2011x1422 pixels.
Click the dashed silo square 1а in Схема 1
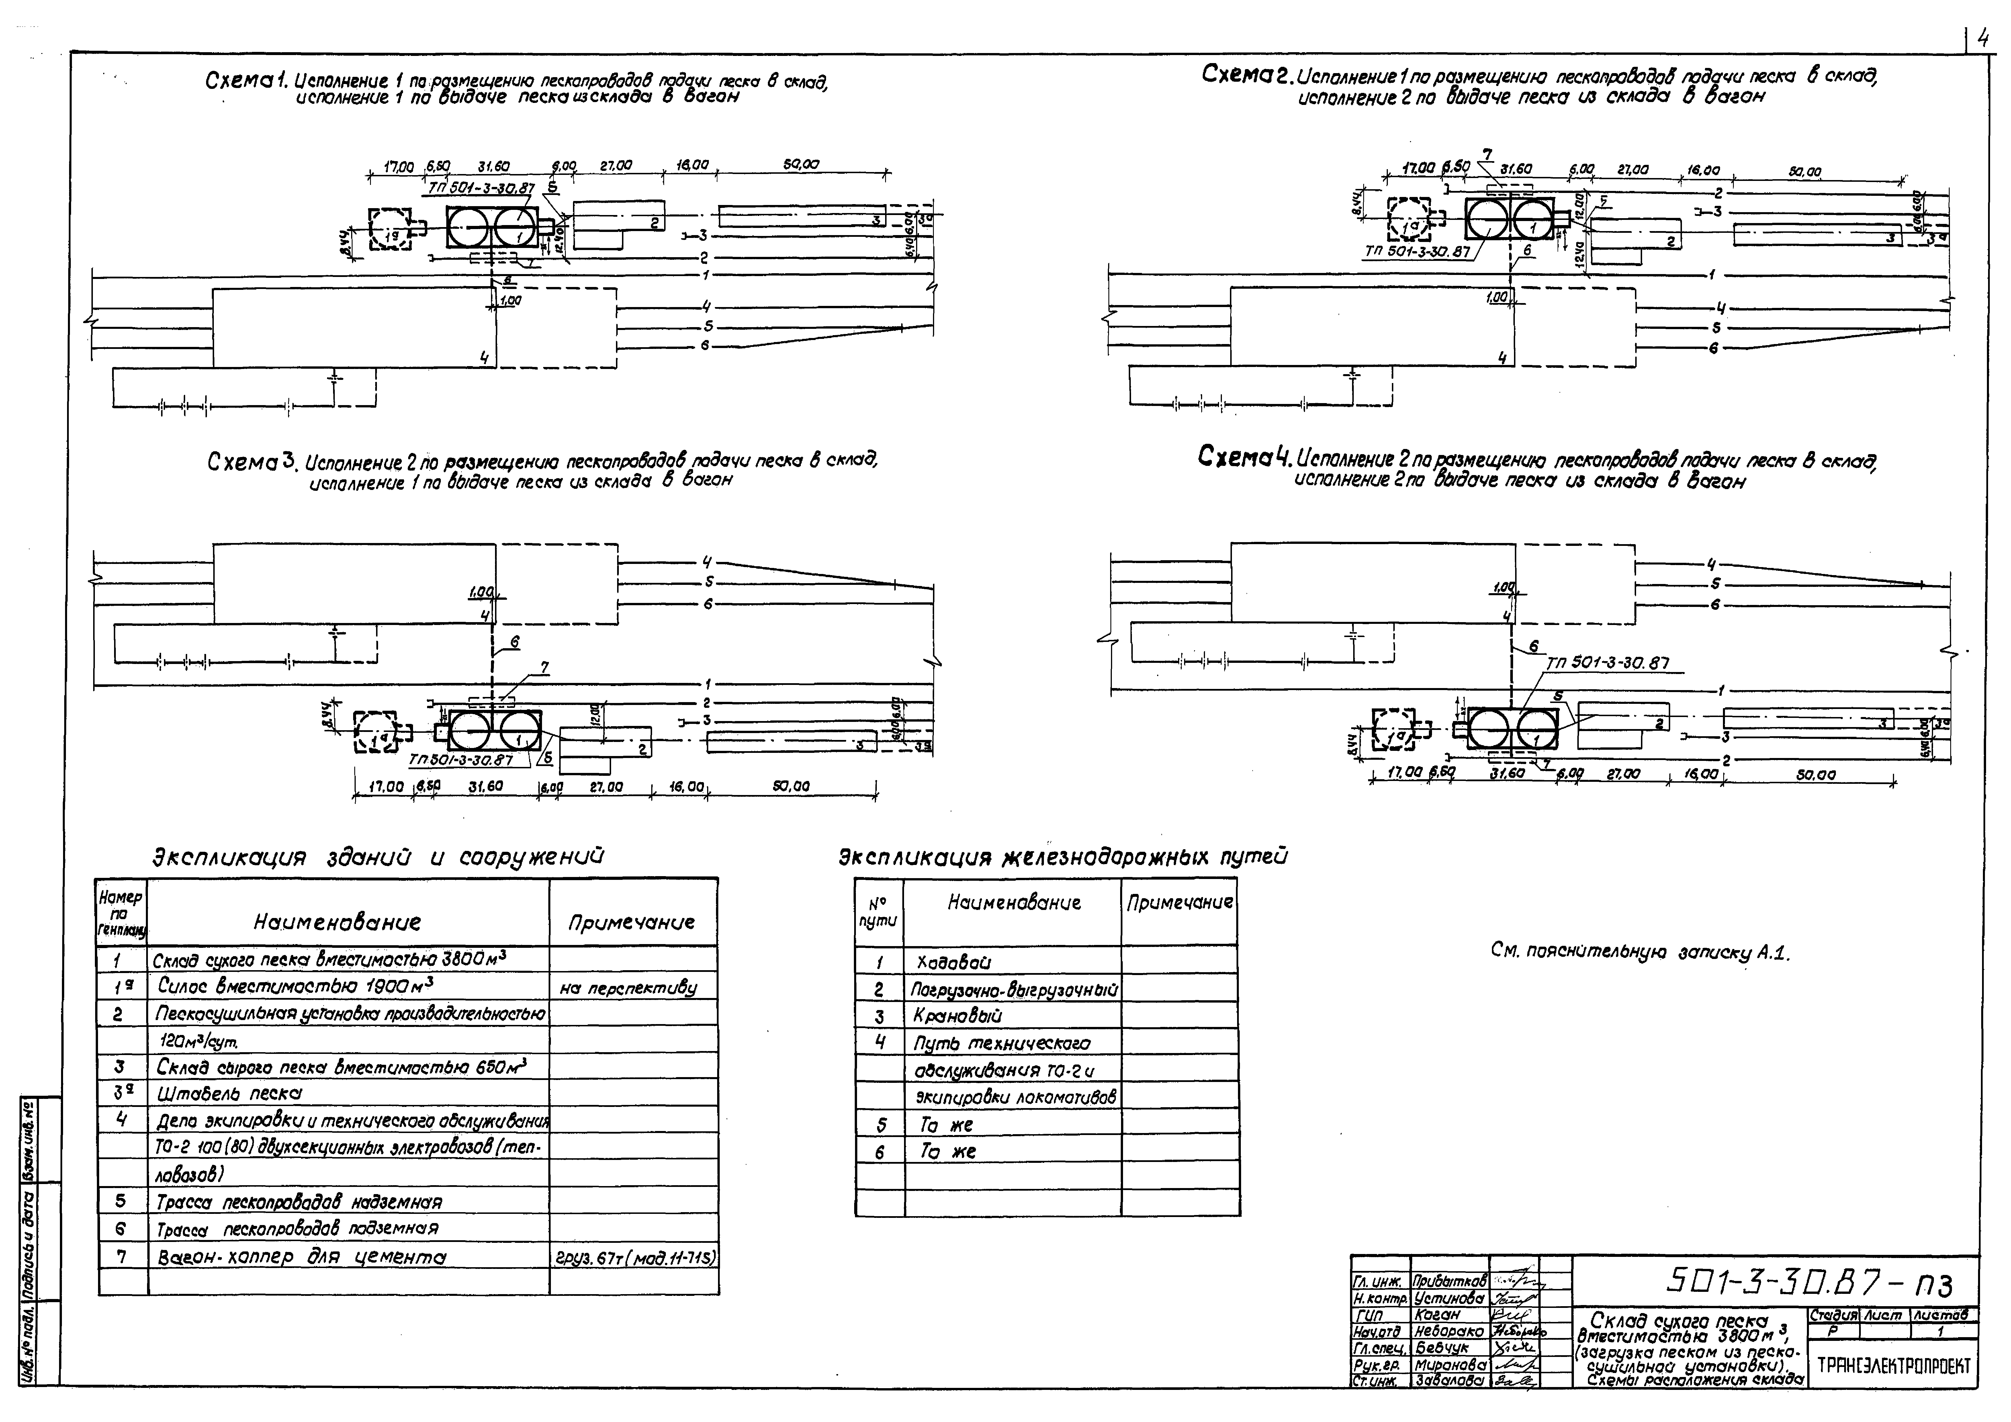(x=390, y=230)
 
